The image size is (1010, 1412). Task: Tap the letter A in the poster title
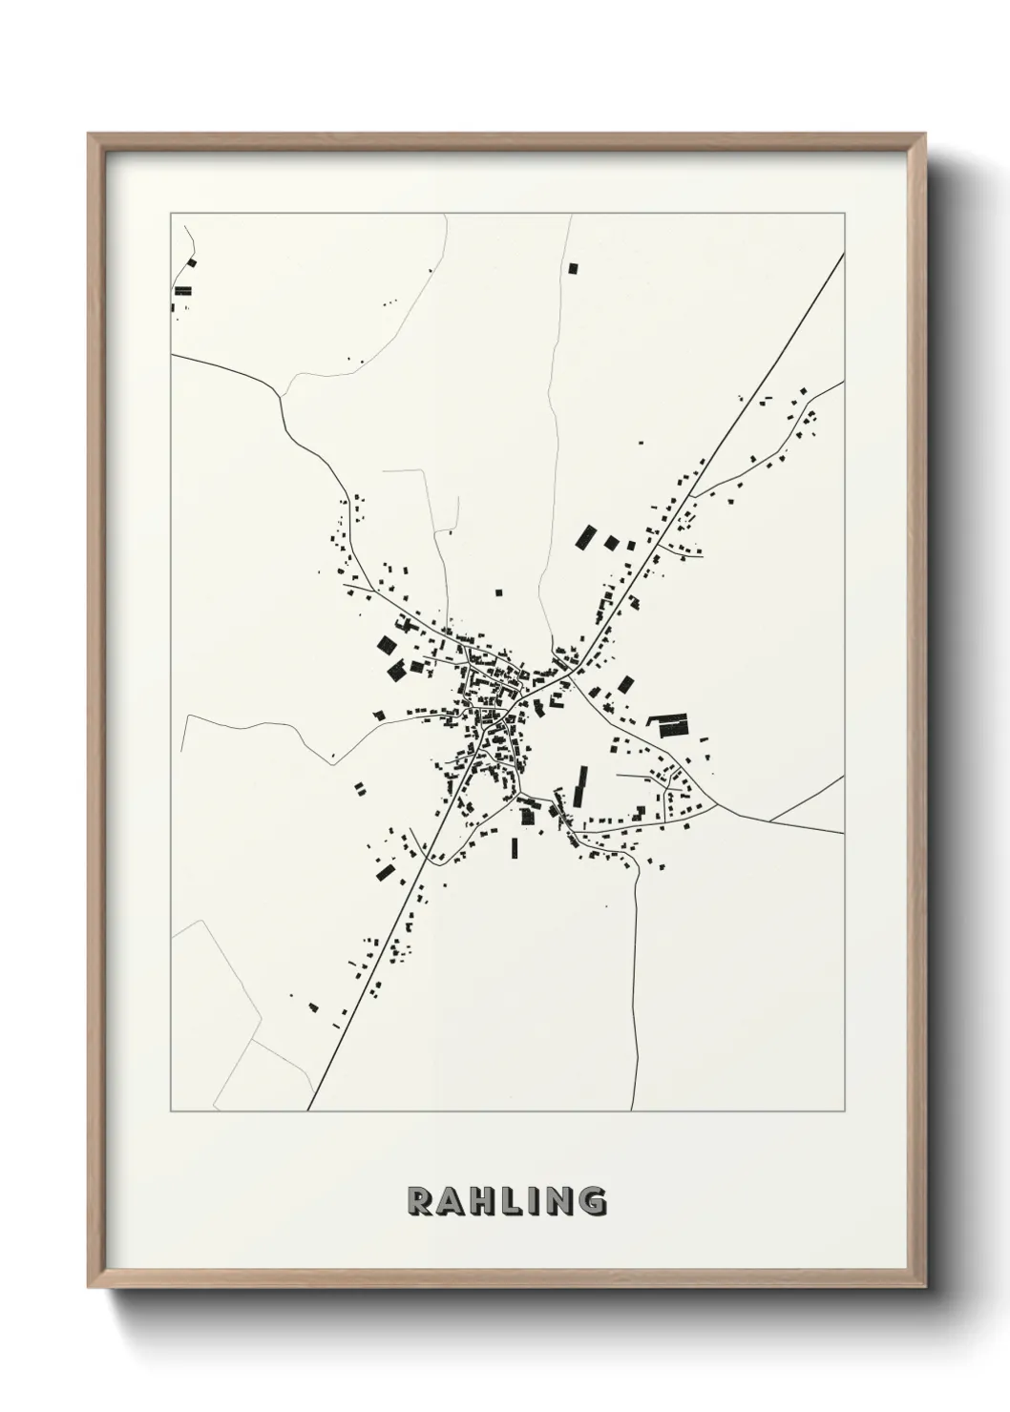coord(451,1200)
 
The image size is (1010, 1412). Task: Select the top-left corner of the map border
coord(171,214)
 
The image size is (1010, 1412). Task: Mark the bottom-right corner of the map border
coord(844,1111)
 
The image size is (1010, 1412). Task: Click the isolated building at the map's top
coord(574,268)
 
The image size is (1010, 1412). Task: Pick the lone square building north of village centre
coord(498,592)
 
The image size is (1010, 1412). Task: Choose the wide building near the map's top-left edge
coord(181,290)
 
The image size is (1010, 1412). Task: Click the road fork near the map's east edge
coord(769,820)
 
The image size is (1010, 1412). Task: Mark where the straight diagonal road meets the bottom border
coord(308,1111)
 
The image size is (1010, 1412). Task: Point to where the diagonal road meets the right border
coord(844,254)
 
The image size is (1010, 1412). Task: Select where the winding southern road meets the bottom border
coord(632,1111)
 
